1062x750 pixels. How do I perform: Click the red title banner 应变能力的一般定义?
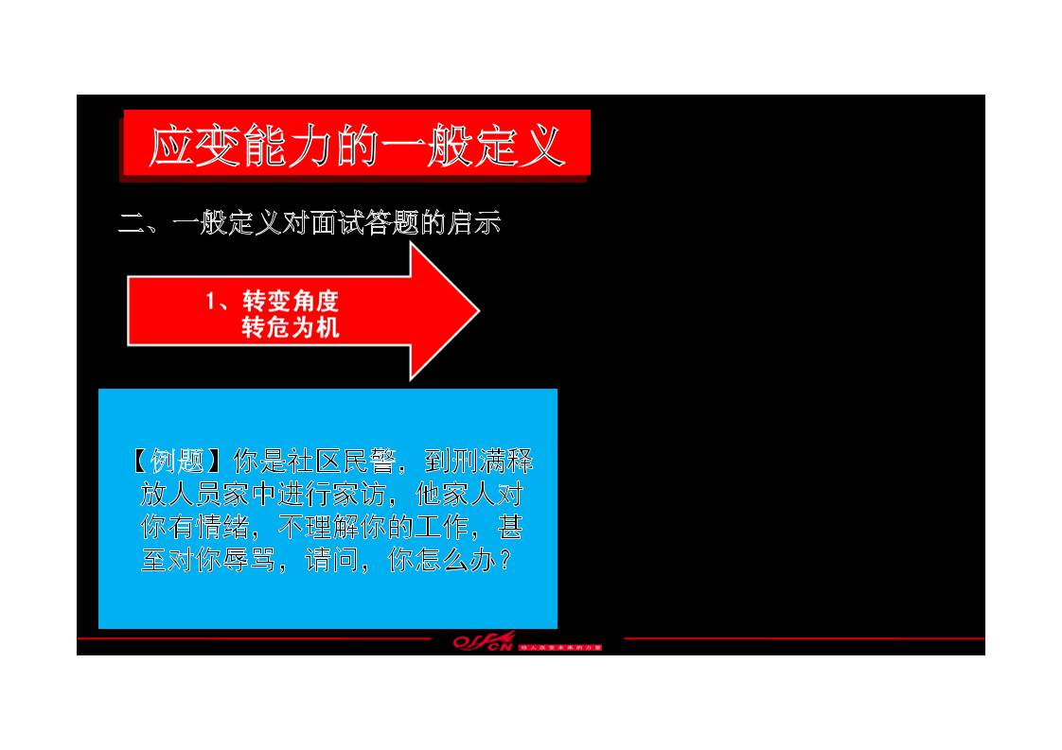[x=356, y=144]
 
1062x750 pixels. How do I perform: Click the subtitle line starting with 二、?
[x=309, y=223]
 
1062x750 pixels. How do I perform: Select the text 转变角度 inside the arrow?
[x=291, y=301]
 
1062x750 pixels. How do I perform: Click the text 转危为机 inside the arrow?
[x=291, y=328]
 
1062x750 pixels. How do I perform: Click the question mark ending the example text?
[x=505, y=560]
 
